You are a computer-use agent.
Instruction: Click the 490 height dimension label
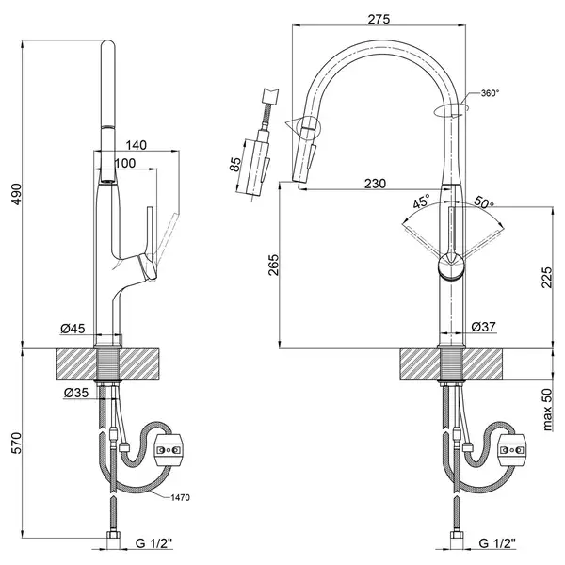(x=17, y=194)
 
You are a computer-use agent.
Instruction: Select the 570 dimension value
(x=17, y=444)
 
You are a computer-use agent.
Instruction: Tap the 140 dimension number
(x=137, y=145)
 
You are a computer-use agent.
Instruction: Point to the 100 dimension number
(x=125, y=163)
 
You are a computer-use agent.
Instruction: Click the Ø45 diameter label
(x=73, y=329)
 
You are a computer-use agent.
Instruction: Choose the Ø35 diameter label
(x=76, y=393)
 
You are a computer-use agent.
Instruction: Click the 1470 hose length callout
(x=180, y=497)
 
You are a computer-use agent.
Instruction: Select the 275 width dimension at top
(x=379, y=19)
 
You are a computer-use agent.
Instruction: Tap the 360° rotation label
(x=490, y=93)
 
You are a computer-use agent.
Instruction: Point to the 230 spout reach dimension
(x=375, y=184)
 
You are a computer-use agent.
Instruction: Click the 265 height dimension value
(x=274, y=265)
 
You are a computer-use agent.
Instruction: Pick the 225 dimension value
(x=546, y=278)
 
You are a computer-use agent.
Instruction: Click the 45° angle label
(x=422, y=201)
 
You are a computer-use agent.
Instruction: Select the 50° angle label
(x=484, y=202)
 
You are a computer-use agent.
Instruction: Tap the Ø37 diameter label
(x=484, y=327)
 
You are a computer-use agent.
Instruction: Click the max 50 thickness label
(x=547, y=410)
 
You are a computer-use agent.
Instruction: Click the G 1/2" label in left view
(x=154, y=542)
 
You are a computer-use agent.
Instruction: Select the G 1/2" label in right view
(x=497, y=542)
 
